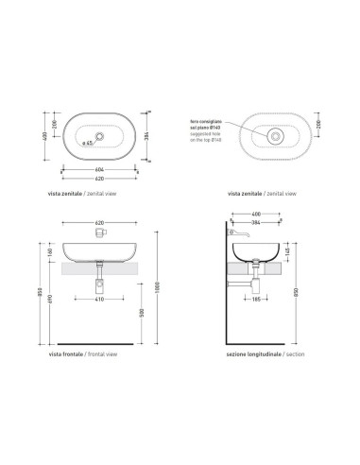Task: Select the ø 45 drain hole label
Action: pyautogui.click(x=86, y=143)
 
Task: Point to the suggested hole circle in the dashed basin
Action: pyautogui.click(x=274, y=135)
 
